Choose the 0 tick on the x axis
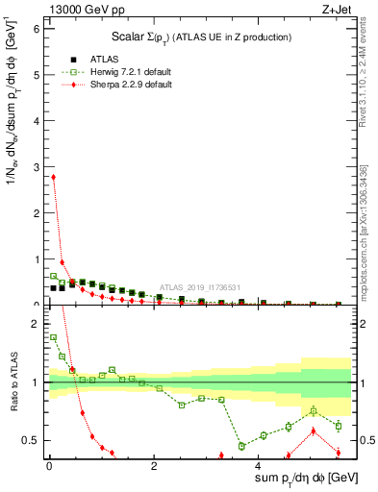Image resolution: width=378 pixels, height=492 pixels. tap(49, 468)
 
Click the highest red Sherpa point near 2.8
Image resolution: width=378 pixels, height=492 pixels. tap(53, 177)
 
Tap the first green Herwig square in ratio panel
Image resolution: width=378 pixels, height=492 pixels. tap(53, 337)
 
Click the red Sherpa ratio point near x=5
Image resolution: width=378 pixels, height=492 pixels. tap(312, 430)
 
